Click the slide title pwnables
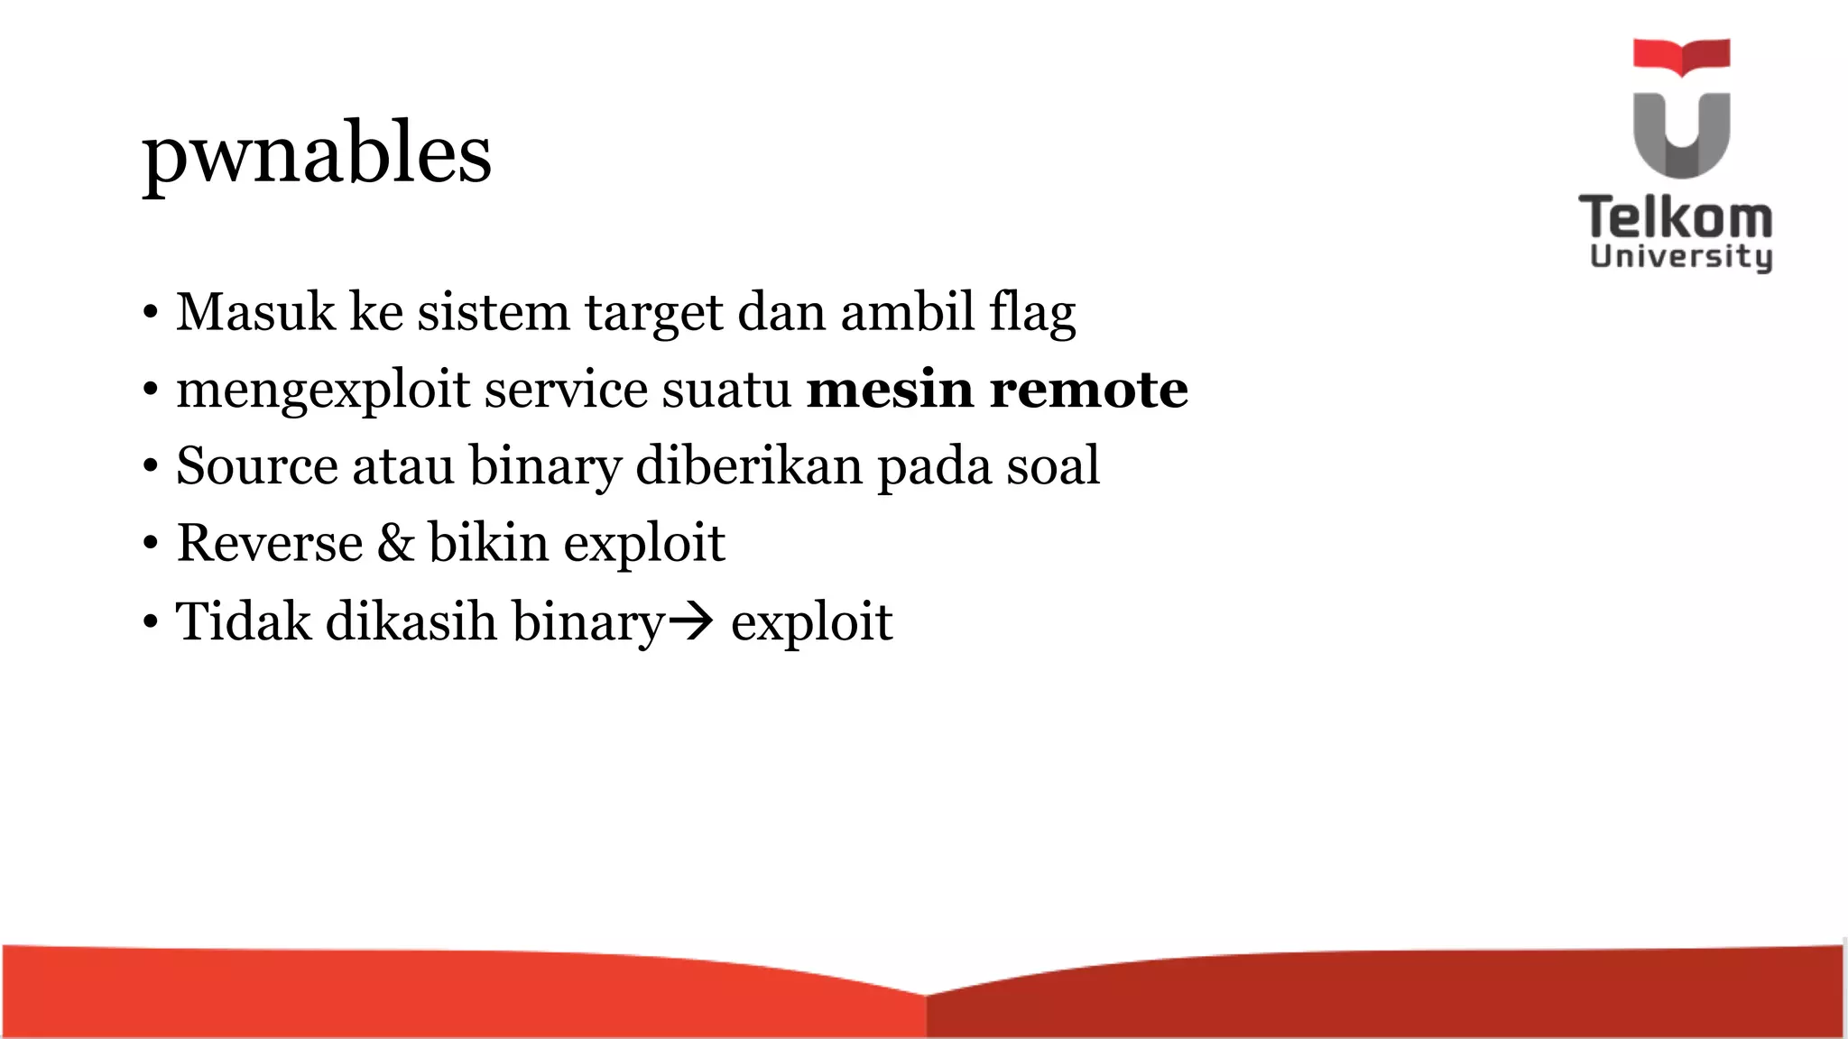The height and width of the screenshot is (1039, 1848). [317, 153]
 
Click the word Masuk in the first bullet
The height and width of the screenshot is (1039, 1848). [255, 312]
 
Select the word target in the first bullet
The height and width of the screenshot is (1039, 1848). [654, 314]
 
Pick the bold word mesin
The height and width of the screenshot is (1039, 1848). [890, 390]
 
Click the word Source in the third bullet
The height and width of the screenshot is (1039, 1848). [256, 466]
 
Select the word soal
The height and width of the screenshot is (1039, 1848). [1053, 466]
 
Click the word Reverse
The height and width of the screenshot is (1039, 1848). [269, 543]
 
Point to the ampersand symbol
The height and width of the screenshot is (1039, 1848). [395, 543]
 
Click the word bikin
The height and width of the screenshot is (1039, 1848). [488, 543]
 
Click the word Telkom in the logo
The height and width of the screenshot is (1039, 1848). [1676, 218]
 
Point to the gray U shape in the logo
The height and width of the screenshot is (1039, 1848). [1681, 135]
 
